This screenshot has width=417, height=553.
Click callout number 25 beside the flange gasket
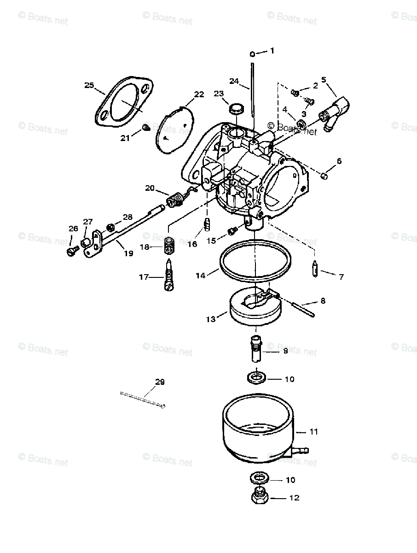point(89,85)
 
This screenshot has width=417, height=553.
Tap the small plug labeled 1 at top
point(253,54)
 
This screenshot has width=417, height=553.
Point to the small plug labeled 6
point(324,175)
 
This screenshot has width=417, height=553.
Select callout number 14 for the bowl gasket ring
point(200,276)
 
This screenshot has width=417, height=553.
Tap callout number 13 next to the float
point(210,319)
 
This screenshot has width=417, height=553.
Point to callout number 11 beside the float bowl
point(313,432)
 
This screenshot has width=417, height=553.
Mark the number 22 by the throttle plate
point(199,94)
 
